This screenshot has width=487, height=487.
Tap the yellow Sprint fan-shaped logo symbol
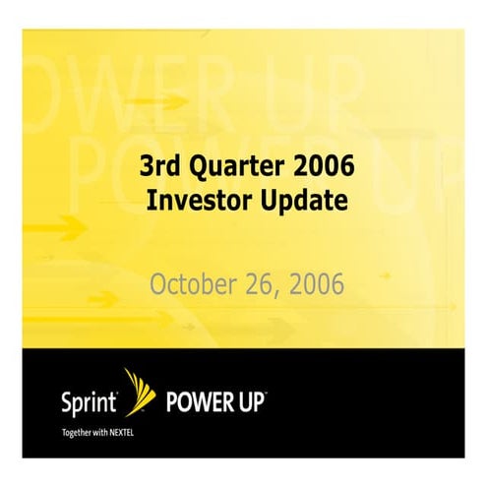[139, 392]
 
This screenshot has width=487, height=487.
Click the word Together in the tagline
[52, 430]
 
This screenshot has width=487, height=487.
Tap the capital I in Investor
[151, 201]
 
